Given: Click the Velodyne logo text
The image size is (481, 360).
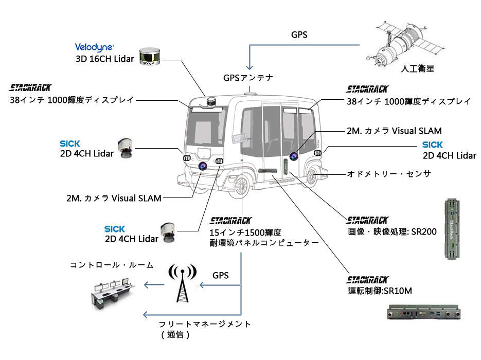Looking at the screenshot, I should pos(95,47).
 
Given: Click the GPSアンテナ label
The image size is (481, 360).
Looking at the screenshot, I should pos(248,78).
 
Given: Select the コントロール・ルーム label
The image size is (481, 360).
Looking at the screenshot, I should pos(112,265).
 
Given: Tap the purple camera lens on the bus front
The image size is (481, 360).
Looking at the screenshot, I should pos(203,166).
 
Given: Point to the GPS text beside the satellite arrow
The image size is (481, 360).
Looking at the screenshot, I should pos(300,35).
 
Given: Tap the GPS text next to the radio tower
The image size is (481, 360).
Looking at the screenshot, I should pos(221,275).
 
